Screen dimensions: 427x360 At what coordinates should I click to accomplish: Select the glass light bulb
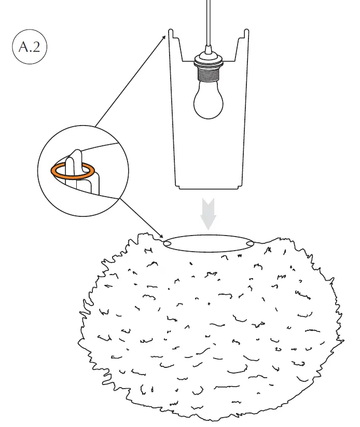pos(208,99)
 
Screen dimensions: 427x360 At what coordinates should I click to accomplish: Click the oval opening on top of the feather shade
pos(209,243)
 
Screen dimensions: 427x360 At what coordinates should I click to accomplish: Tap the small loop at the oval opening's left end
pos(168,242)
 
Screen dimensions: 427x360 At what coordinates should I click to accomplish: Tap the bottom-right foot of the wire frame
pos(239,187)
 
